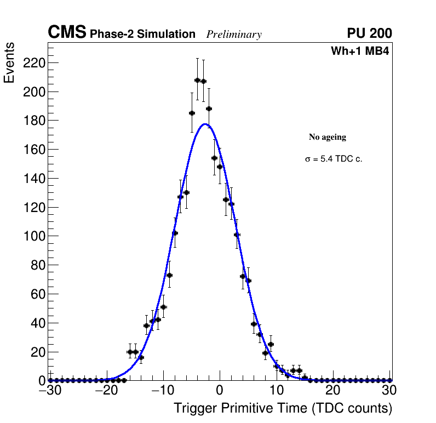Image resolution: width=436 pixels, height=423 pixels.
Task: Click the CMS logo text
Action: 67,33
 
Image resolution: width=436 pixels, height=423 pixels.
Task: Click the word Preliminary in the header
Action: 234,35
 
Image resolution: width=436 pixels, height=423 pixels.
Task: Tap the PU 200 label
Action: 369,33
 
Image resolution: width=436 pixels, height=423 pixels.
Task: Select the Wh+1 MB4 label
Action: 359,52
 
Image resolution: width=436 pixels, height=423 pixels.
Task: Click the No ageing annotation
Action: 328,137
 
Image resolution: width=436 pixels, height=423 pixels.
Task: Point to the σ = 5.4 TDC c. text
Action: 334,159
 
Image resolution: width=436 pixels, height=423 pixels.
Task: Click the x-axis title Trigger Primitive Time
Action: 283,408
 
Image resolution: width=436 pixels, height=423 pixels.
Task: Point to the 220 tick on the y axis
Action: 33,63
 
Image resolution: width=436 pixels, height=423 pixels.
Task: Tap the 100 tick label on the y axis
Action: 33,236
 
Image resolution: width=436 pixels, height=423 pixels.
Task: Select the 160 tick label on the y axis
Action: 33,150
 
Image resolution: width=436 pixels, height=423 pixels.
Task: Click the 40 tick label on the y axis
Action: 36,323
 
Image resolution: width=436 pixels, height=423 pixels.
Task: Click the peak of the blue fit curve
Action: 205,124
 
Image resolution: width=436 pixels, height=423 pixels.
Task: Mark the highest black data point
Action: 197,81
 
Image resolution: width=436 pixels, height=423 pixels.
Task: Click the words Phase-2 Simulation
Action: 142,35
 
